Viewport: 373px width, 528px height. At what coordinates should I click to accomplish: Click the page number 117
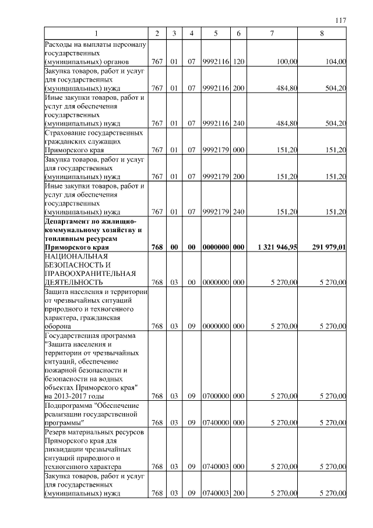click(341, 20)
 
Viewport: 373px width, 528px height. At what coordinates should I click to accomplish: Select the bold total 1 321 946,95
click(277, 247)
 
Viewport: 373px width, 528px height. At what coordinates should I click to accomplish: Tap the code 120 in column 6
click(238, 61)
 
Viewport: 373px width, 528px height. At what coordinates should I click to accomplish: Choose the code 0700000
click(215, 396)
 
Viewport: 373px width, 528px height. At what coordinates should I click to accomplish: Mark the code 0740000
click(215, 422)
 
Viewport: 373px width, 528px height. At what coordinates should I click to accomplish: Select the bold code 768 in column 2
click(157, 247)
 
